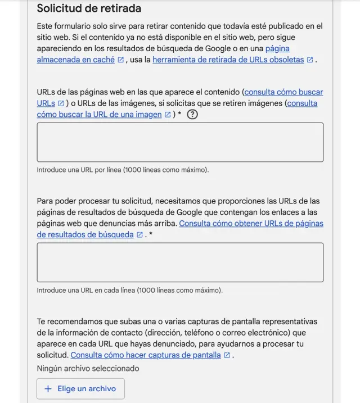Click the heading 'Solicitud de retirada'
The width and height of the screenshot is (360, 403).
pyautogui.click(x=89, y=8)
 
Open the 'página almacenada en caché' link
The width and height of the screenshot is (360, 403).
pyautogui.click(x=75, y=60)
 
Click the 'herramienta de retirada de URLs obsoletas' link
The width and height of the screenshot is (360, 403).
pyautogui.click(x=228, y=60)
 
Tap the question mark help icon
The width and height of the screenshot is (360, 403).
pyautogui.click(x=192, y=114)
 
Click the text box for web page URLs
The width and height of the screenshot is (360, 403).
pyautogui.click(x=180, y=142)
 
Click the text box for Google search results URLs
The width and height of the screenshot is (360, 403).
pyautogui.click(x=180, y=262)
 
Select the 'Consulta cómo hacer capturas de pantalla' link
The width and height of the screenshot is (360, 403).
pyautogui.click(x=146, y=355)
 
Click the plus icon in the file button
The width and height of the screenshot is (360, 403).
pyautogui.click(x=48, y=389)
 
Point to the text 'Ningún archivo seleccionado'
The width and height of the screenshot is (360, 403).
pyautogui.click(x=88, y=369)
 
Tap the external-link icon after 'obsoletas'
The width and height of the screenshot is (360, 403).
pyautogui.click(x=310, y=60)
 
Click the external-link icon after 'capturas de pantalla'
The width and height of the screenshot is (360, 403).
pyautogui.click(x=227, y=355)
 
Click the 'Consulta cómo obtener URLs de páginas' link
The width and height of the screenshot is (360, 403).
pyautogui.click(x=251, y=224)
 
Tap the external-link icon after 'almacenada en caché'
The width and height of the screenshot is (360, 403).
pyautogui.click(x=120, y=60)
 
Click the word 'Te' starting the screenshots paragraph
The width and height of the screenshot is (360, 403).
pyautogui.click(x=42, y=322)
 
